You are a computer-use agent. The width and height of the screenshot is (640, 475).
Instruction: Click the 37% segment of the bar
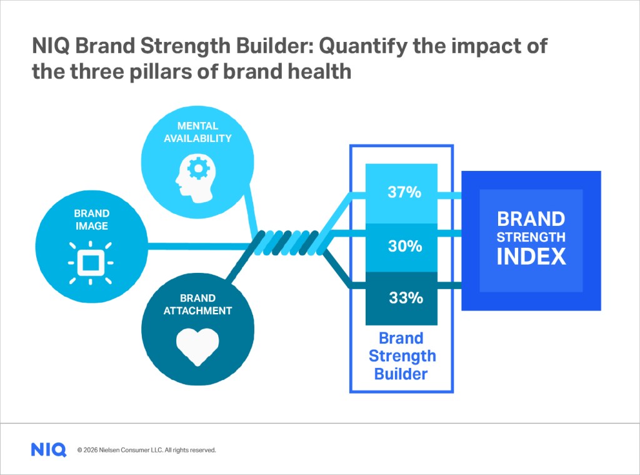pyautogui.click(x=401, y=193)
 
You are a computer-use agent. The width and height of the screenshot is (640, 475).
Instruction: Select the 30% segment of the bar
pyautogui.click(x=401, y=247)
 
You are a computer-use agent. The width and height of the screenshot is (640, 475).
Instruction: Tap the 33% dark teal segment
pyautogui.click(x=401, y=299)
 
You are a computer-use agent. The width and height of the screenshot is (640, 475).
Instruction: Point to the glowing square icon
pyautogui.click(x=91, y=262)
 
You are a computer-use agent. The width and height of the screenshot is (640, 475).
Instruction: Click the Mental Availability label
pyautogui.click(x=197, y=132)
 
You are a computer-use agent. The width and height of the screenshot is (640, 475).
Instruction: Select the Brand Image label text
pyautogui.click(x=92, y=220)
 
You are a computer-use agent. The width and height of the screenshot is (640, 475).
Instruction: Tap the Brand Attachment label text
pyautogui.click(x=197, y=304)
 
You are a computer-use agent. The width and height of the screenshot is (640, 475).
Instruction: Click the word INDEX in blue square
pyautogui.click(x=531, y=257)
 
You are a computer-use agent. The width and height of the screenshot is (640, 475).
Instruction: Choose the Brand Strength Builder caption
pyautogui.click(x=401, y=357)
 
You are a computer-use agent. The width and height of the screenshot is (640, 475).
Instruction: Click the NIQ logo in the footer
pyautogui.click(x=48, y=449)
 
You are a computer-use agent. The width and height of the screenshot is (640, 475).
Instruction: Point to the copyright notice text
pyautogui.click(x=146, y=450)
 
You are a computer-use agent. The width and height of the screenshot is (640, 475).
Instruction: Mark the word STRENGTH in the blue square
pyautogui.click(x=531, y=238)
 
